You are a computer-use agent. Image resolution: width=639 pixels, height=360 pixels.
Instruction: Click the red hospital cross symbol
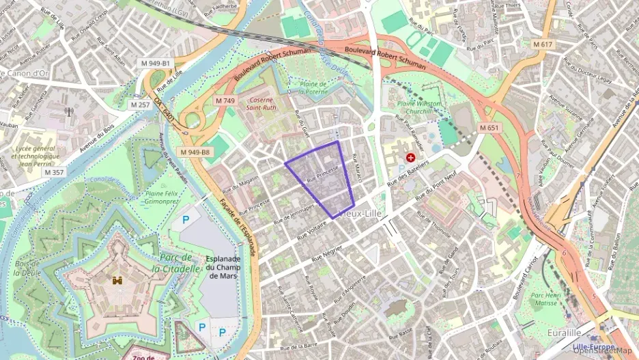(x=411, y=157)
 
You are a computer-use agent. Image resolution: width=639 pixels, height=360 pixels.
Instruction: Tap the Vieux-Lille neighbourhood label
(x=360, y=214)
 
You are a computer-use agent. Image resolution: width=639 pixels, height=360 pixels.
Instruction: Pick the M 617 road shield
(x=542, y=44)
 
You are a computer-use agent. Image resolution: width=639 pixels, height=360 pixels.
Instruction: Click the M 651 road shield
(x=489, y=128)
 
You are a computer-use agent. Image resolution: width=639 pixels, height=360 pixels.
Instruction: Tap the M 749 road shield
(x=225, y=100)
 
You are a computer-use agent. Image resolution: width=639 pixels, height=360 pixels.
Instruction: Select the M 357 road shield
(x=54, y=172)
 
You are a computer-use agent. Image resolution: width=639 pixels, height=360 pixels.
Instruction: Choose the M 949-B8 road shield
(x=195, y=152)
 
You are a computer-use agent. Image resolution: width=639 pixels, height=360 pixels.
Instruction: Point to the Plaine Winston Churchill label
(x=420, y=107)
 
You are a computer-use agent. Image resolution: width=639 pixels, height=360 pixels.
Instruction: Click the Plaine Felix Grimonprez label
(x=162, y=197)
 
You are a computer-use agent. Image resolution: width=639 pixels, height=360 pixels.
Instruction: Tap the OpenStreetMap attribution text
(x=605, y=350)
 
